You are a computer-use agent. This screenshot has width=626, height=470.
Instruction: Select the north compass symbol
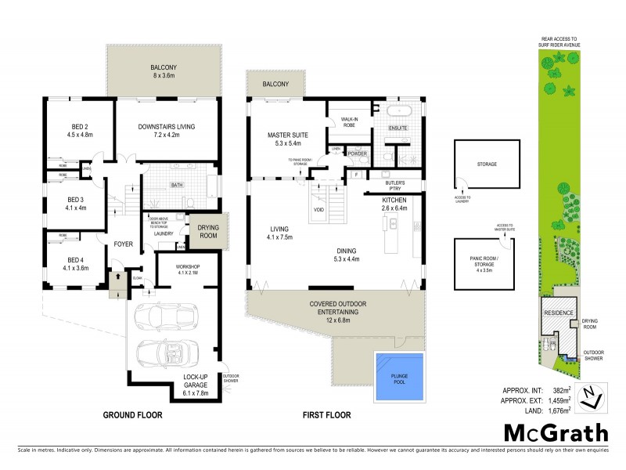(x=597, y=397)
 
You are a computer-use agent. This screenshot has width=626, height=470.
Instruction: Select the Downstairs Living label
(x=166, y=129)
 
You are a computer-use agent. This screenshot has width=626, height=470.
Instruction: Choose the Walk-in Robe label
(x=349, y=123)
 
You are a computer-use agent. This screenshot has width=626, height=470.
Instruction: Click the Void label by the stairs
(x=319, y=210)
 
